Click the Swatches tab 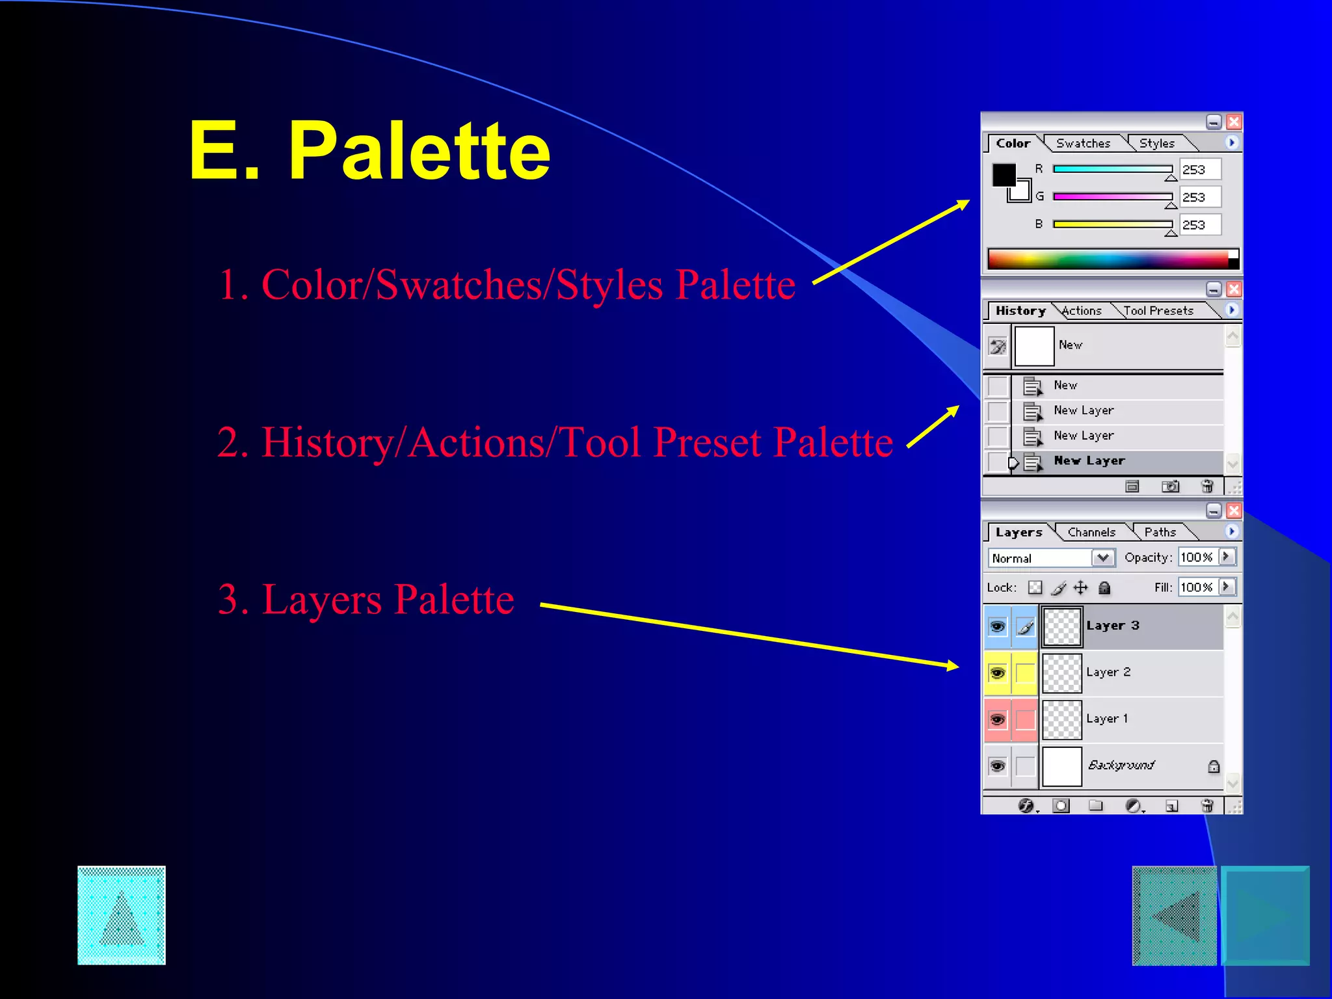tap(1083, 143)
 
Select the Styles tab tap(1156, 143)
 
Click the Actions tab tap(1082, 311)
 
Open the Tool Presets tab tap(1158, 311)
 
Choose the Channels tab tap(1091, 532)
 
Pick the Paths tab tap(1160, 532)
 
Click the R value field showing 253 tap(1199, 170)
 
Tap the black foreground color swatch tap(1003, 174)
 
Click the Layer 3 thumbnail tap(1061, 626)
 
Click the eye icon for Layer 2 tap(997, 673)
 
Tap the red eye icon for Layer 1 tap(997, 719)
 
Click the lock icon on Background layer tap(1213, 766)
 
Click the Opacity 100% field tap(1197, 557)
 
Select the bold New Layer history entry tap(1089, 460)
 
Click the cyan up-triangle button tap(122, 915)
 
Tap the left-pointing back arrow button tap(1174, 916)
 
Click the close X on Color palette tap(1233, 122)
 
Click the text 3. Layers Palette tap(366, 599)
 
